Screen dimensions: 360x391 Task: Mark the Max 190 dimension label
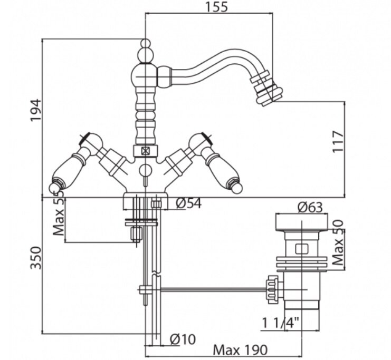(240, 350)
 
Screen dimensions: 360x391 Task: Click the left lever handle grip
(69, 170)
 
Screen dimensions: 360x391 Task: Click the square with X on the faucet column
(145, 150)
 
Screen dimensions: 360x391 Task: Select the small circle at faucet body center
(145, 170)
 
